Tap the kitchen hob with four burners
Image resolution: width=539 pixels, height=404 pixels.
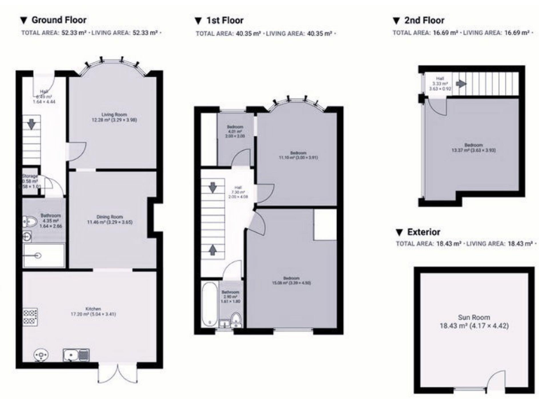(31, 318)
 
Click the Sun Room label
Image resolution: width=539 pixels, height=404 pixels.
(472, 321)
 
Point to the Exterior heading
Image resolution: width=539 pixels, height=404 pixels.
(422, 231)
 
